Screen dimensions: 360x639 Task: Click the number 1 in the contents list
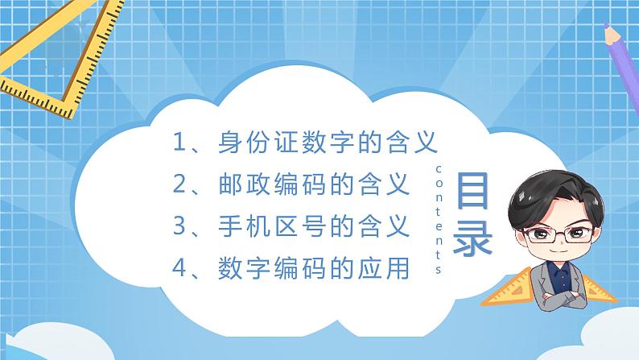pos(179,143)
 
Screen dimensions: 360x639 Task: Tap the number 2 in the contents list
pos(179,185)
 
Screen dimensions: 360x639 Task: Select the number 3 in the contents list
pos(179,226)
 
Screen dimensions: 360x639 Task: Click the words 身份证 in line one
pos(258,143)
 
